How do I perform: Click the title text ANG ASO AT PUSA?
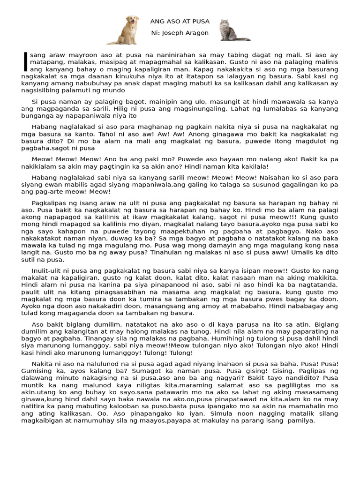coord(180,22)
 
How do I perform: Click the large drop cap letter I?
coord(25,62)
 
